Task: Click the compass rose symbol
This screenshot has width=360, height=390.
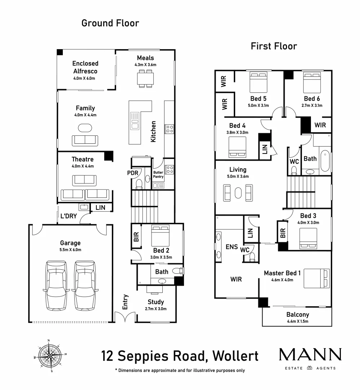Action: click(50, 356)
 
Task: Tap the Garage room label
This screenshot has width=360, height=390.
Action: click(70, 243)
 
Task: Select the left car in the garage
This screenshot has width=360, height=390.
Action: click(56, 286)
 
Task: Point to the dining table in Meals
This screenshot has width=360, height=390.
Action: click(145, 79)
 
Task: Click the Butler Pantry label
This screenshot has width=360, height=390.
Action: click(158, 174)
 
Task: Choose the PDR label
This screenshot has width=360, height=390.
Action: click(132, 173)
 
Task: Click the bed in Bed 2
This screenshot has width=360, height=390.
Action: click(161, 236)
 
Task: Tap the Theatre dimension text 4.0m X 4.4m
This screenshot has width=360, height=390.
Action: click(83, 166)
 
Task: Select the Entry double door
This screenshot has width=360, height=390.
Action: click(125, 317)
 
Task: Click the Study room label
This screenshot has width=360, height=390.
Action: click(156, 302)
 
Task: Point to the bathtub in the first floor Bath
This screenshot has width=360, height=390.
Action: click(325, 161)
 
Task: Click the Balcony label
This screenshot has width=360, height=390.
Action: click(298, 315)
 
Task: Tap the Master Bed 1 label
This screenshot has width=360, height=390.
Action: click(282, 273)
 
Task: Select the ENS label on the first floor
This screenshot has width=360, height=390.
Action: click(232, 247)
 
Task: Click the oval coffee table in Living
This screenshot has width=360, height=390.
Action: click(238, 193)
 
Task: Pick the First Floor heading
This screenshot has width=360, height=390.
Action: click(274, 46)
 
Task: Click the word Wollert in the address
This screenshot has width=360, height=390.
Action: click(235, 356)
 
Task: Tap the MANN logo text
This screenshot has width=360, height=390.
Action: click(310, 354)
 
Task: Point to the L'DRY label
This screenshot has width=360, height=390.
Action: click(69, 216)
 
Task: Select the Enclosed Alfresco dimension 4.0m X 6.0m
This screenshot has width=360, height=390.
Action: click(84, 78)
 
